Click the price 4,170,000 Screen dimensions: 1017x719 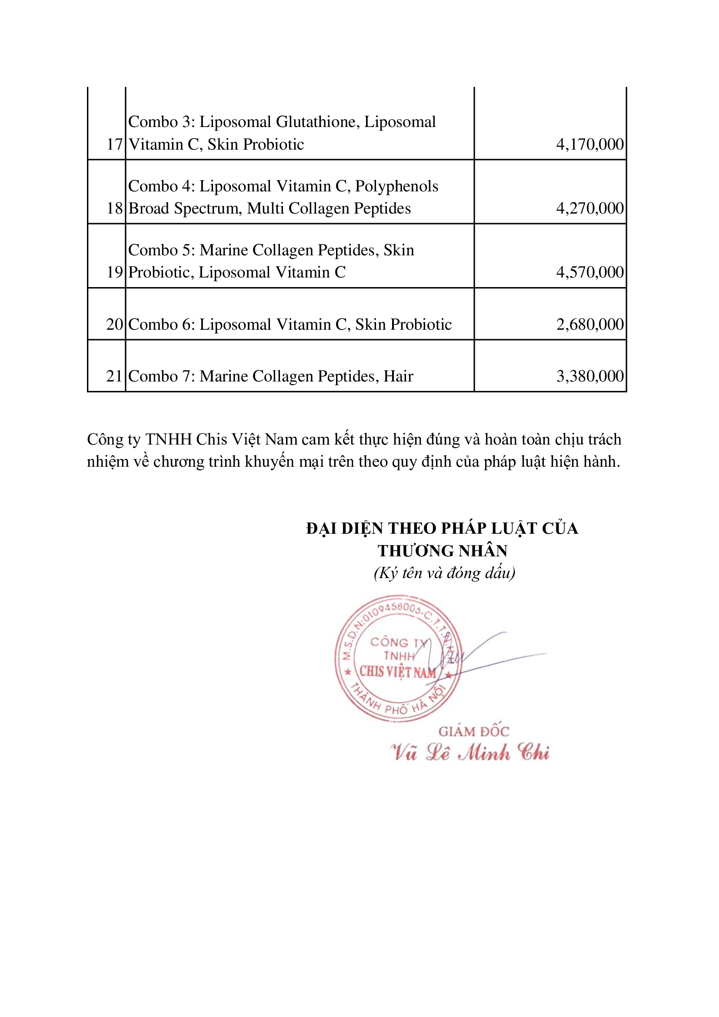(589, 144)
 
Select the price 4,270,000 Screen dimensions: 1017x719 (589, 208)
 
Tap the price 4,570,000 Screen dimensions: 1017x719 (589, 272)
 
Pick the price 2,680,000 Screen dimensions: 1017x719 (589, 324)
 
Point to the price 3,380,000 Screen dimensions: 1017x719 (589, 376)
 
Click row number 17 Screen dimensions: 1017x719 (114, 144)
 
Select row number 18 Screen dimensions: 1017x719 (114, 208)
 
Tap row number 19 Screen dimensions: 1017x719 (114, 272)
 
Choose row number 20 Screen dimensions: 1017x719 (114, 324)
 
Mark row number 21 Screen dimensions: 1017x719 (114, 376)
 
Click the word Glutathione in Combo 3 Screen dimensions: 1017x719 (317, 122)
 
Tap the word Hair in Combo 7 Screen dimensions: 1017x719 (398, 376)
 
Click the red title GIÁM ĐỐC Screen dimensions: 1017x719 (474, 731)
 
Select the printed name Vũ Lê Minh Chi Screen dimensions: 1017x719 (469, 753)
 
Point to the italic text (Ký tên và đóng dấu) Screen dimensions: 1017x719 (444, 573)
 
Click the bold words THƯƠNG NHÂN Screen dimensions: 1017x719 (442, 551)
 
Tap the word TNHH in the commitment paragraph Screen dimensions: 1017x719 (169, 439)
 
